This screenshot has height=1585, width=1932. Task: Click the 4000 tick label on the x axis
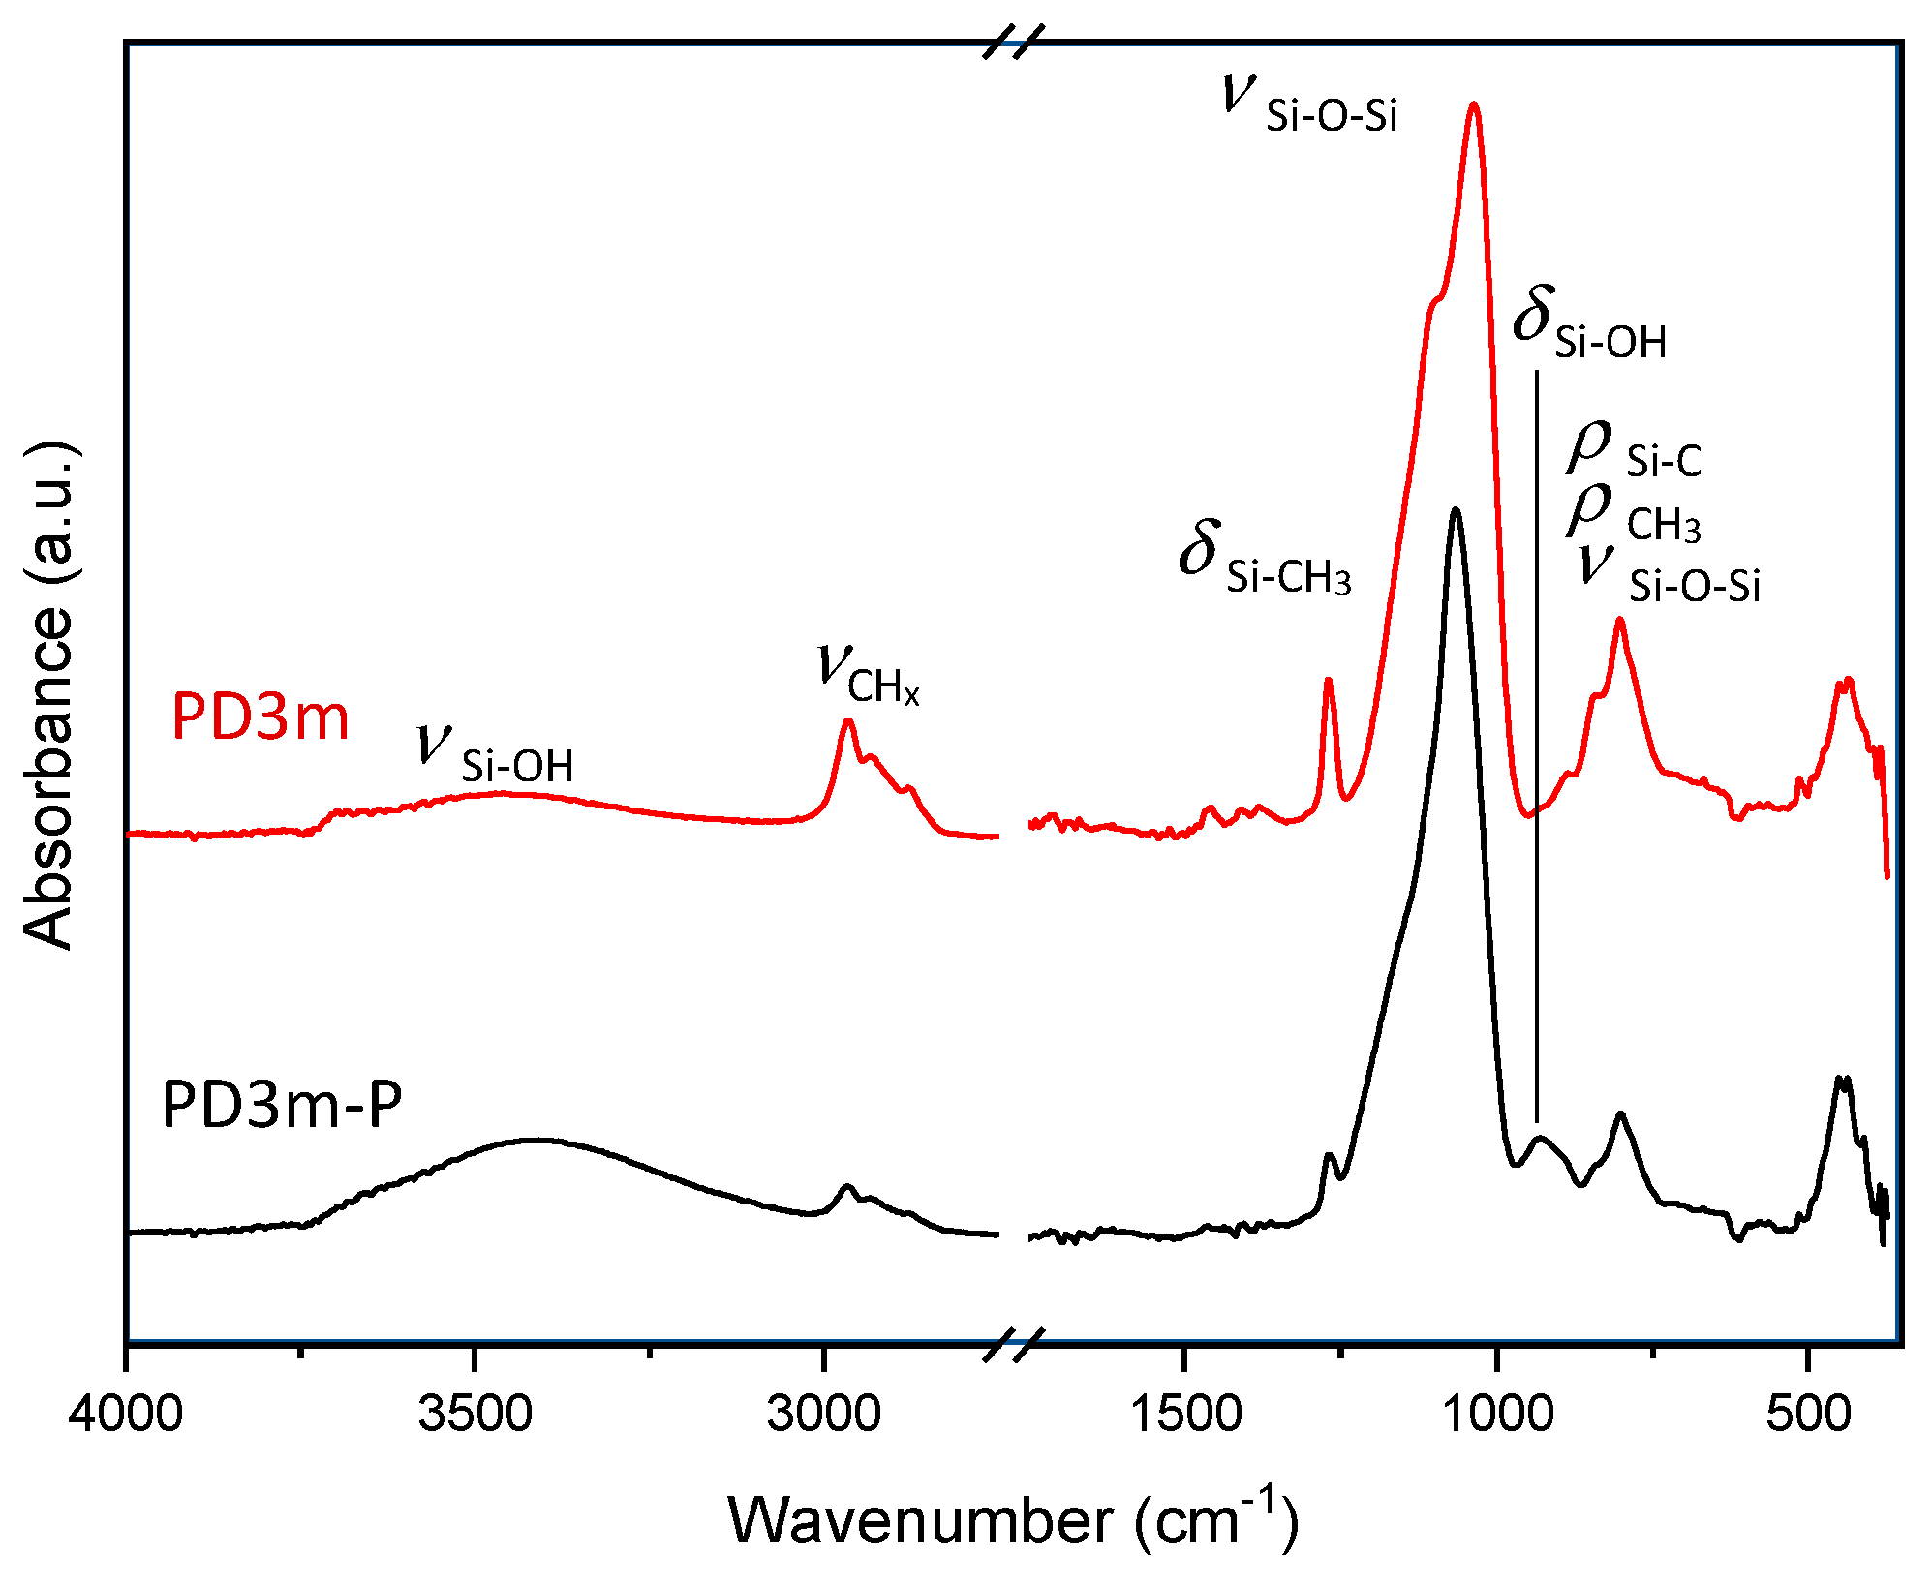pyautogui.click(x=126, y=1414)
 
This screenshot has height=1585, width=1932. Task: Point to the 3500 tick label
pyautogui.click(x=475, y=1414)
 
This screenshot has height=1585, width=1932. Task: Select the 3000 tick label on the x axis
pyautogui.click(x=823, y=1414)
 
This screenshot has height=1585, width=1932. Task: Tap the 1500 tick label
pyautogui.click(x=1184, y=1414)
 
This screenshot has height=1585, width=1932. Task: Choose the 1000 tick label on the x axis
pyautogui.click(x=1498, y=1414)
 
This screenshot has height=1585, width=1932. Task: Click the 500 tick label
pyautogui.click(x=1807, y=1414)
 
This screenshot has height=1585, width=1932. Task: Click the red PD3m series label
pyautogui.click(x=260, y=717)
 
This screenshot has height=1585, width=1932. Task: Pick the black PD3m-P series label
pyautogui.click(x=281, y=1105)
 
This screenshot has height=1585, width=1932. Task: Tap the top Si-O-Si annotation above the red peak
pyautogui.click(x=1309, y=105)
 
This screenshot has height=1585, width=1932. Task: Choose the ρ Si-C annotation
pyautogui.click(x=1635, y=451)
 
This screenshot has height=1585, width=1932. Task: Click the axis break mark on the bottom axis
pyautogui.click(x=1014, y=1343)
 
